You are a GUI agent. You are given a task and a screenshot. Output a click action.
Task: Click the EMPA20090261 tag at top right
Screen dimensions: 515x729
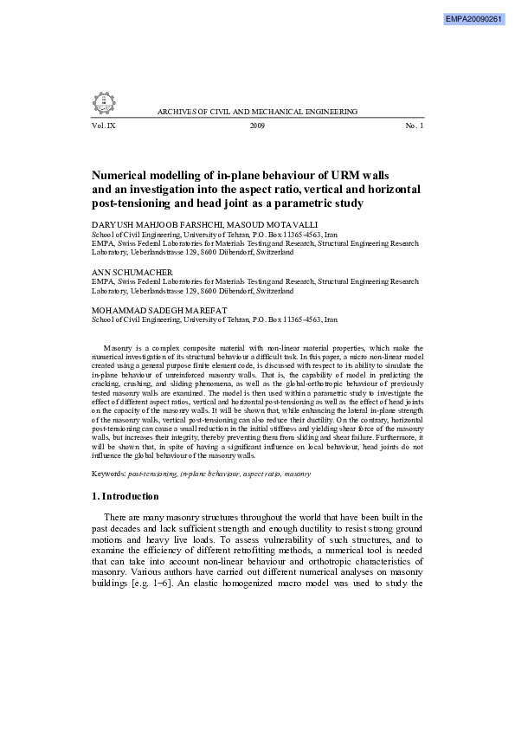[473, 18]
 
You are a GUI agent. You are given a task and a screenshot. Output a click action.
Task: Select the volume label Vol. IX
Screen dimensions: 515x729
[103, 126]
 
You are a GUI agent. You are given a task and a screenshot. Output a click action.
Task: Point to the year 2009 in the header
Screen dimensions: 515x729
[257, 126]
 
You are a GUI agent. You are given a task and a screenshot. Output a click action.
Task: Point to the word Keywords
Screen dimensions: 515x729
[108, 474]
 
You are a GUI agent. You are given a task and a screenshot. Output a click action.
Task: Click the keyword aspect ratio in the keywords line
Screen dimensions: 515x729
[263, 474]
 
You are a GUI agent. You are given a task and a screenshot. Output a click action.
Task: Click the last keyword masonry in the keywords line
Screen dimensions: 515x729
[298, 474]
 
